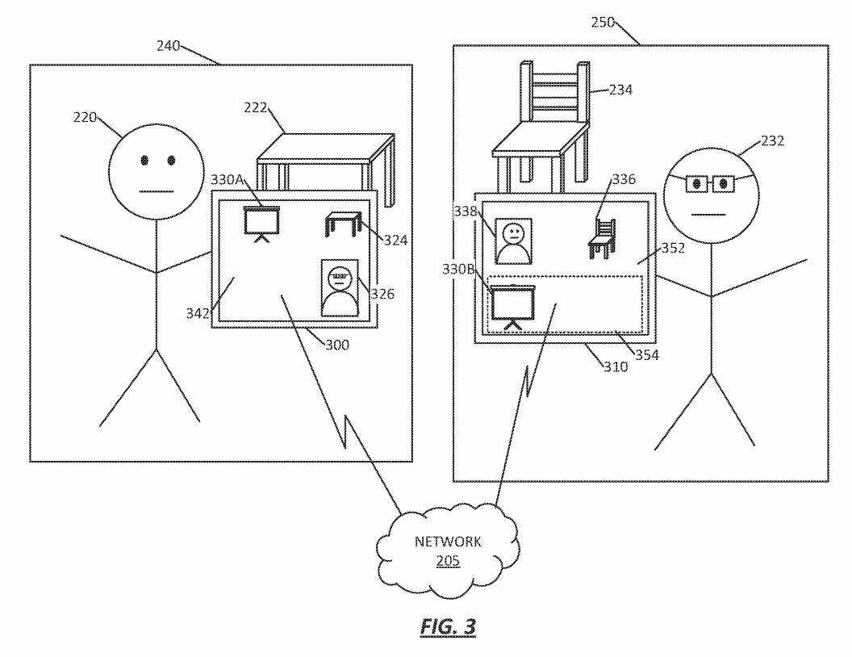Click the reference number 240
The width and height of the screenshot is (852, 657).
pyautogui.click(x=169, y=45)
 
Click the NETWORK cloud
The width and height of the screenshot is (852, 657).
pyautogui.click(x=448, y=550)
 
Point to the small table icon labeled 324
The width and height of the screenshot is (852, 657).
pyautogui.click(x=340, y=223)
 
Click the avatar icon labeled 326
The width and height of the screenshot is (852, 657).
pyautogui.click(x=339, y=287)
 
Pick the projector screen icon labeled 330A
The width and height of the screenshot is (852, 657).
pyautogui.click(x=261, y=223)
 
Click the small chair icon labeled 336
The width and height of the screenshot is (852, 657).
pyautogui.click(x=602, y=239)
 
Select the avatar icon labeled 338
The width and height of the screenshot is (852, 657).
pyautogui.click(x=513, y=241)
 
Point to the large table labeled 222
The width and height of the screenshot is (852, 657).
pyautogui.click(x=327, y=161)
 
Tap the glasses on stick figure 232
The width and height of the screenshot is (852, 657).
pyautogui.click(x=708, y=185)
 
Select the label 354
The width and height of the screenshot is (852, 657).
pyautogui.click(x=646, y=354)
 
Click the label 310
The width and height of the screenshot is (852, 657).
pyautogui.click(x=616, y=365)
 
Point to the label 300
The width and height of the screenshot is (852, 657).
pyautogui.click(x=337, y=345)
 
